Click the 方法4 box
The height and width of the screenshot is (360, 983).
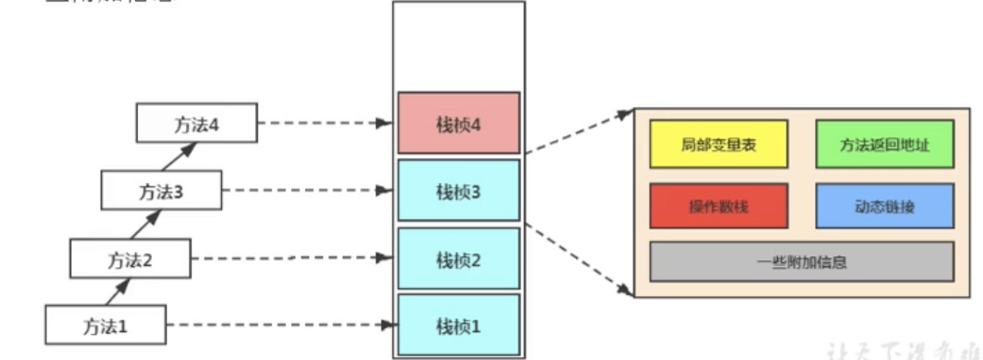tap(197, 123)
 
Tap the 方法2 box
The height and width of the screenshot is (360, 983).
tap(130, 258)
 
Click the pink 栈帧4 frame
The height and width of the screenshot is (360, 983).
tap(458, 124)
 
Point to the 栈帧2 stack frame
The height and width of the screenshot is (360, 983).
tap(458, 258)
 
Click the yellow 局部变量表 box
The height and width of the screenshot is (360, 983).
tap(718, 144)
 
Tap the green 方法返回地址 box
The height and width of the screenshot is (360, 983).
tap(884, 144)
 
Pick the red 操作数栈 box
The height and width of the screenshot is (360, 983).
tap(718, 207)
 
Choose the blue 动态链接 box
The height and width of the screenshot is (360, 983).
tap(884, 207)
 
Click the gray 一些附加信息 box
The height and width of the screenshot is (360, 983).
tap(801, 262)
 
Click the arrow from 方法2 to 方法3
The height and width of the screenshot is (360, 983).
tap(145, 224)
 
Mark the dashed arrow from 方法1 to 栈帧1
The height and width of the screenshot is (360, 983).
tap(279, 325)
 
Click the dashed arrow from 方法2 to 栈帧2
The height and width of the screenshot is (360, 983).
tap(292, 258)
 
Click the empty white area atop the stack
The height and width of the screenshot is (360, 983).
tap(458, 46)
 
